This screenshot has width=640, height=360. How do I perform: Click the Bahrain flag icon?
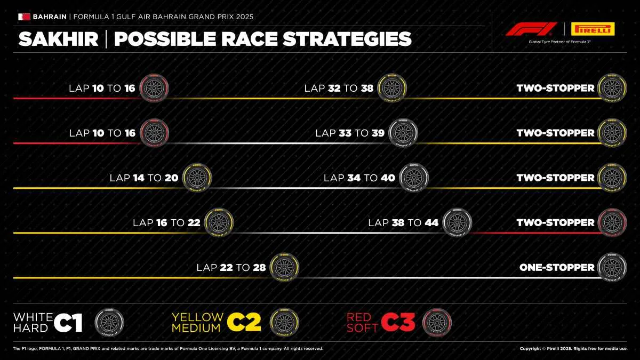click(24, 17)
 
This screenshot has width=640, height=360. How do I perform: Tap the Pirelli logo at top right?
click(593, 29)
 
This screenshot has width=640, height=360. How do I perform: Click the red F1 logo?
click(531, 29)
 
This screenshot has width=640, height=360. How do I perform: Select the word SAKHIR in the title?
click(59, 39)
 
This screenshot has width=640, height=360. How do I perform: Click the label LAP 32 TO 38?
click(339, 88)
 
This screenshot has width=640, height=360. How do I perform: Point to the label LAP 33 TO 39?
click(350, 133)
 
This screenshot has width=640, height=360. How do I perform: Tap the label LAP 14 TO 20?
click(144, 178)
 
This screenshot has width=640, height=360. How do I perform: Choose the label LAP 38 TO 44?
click(403, 222)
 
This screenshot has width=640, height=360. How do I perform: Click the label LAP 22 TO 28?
click(231, 267)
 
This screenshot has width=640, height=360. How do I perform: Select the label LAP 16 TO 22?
click(166, 222)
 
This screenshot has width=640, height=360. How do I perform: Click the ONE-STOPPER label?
click(557, 267)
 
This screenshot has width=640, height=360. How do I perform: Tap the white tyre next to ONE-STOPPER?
click(612, 268)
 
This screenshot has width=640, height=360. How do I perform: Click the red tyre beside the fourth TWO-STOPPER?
click(612, 223)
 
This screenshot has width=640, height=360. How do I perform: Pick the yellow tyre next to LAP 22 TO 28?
click(285, 268)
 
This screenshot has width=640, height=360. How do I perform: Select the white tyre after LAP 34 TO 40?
click(414, 178)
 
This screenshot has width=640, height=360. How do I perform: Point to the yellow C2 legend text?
click(244, 323)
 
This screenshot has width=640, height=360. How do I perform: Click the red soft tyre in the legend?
click(437, 323)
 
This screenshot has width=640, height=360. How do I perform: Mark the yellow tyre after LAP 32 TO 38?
click(392, 89)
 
